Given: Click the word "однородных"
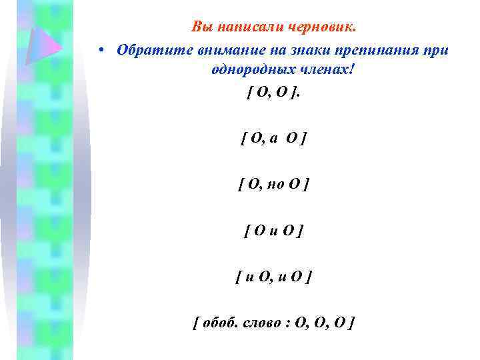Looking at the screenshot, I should [x=243, y=71].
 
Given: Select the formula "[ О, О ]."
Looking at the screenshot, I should [x=273, y=93].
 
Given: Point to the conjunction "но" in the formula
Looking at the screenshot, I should [x=275, y=185].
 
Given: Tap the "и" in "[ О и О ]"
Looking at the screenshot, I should [x=274, y=231].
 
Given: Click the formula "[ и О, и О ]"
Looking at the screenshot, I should [x=273, y=276].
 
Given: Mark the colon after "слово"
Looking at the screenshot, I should [x=287, y=323].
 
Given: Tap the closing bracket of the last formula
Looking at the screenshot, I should [x=351, y=323].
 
